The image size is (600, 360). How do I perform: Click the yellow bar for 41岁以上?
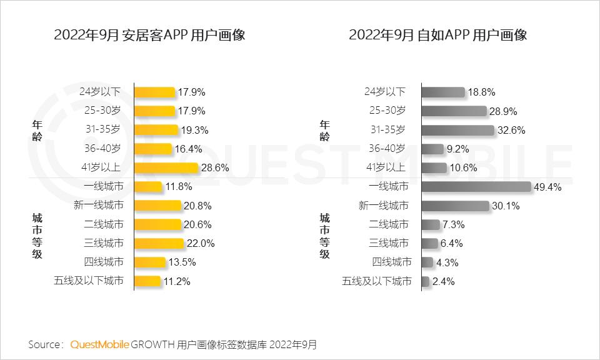pos(166,167)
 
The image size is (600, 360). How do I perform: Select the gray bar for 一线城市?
pos(476,186)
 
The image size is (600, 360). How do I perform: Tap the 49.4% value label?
pos(547,187)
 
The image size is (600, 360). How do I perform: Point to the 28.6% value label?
pos(214,168)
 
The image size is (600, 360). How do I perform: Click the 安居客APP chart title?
pos(149,35)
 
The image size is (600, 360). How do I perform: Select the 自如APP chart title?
pos(437,35)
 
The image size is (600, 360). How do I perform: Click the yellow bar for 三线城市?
pos(159,242)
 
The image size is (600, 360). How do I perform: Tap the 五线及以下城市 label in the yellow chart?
pos(88,281)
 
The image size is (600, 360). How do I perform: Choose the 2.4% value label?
pos(443,281)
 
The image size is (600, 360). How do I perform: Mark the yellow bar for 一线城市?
pos(148,186)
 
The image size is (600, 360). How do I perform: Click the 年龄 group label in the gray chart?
pos(324,130)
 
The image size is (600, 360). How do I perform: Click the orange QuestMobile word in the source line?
pos(100,344)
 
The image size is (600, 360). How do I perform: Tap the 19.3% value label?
pos(194,131)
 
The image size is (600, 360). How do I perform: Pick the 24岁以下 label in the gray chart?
pos(385,92)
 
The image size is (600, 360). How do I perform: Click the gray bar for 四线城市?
pos(427,262)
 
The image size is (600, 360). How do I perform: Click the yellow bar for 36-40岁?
pos(152,149)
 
